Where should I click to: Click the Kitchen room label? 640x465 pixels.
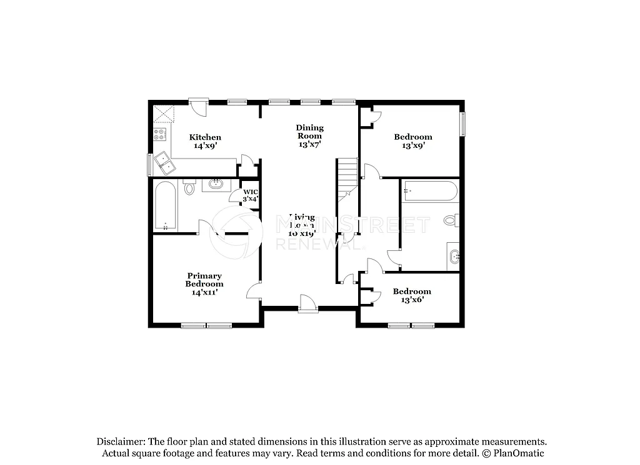pos(205,141)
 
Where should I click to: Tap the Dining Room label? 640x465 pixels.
pos(309,135)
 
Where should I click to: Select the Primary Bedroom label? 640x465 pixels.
pos(204,283)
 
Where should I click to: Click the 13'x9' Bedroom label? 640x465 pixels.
pos(412,141)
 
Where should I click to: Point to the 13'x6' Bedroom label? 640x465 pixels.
pos(412,295)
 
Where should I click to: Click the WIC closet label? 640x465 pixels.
pos(250,195)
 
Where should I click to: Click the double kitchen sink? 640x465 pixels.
pos(165,163)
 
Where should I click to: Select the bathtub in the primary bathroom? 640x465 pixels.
pos(166,206)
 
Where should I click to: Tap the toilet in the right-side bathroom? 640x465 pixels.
pos(451,220)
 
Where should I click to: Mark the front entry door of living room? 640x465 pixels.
pos(307,305)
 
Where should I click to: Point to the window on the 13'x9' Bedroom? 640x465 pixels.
pos(463,124)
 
